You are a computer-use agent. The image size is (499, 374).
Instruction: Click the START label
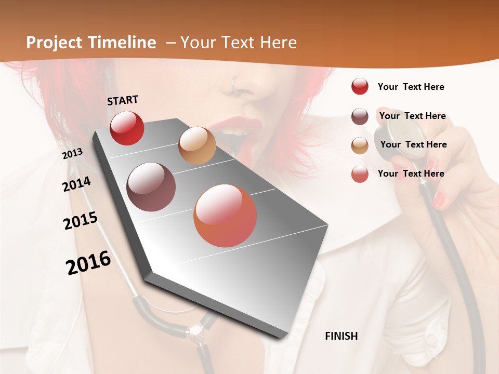tap(123, 100)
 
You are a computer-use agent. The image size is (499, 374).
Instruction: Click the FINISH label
tap(341, 336)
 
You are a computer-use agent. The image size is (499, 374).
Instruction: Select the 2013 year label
tap(72, 154)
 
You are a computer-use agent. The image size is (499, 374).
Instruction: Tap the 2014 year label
tap(76, 184)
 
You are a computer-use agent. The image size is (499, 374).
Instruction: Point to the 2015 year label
tap(80, 221)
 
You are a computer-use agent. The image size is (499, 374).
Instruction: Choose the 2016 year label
tap(88, 263)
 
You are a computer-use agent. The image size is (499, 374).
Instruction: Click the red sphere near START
tap(127, 128)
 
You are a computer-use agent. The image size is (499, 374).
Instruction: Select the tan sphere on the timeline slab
tap(197, 145)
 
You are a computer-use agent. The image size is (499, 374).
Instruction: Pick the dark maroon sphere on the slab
tap(151, 187)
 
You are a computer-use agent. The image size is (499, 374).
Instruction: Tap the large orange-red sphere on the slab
tap(225, 216)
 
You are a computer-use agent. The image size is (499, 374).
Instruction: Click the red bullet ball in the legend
tap(360, 86)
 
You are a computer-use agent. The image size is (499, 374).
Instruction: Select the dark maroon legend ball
tap(360, 116)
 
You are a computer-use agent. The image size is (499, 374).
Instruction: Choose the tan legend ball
tap(360, 145)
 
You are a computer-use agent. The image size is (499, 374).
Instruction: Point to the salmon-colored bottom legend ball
tap(360, 174)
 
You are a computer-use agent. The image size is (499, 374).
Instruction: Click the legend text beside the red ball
tap(411, 87)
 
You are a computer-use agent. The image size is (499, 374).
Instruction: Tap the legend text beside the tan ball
tap(413, 144)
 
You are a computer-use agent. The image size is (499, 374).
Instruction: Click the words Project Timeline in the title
tap(91, 43)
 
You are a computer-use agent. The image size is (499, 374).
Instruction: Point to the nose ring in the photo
tap(235, 82)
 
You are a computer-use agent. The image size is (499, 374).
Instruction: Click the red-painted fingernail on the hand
tap(439, 199)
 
